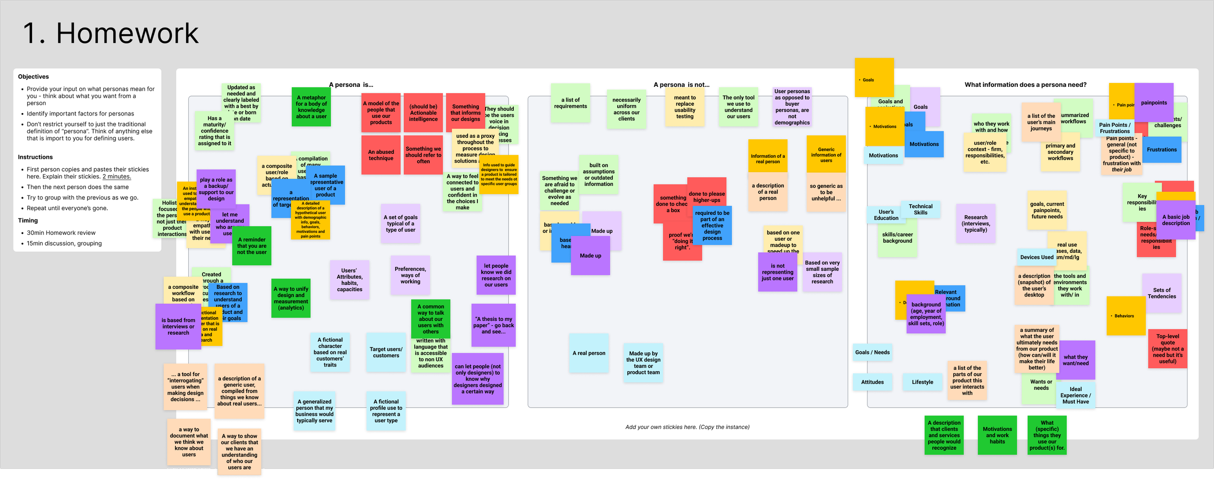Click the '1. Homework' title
[x=111, y=33]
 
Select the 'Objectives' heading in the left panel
[x=34, y=77]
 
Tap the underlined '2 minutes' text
[x=117, y=177]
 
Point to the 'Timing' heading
[x=28, y=220]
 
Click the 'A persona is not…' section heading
[x=681, y=85]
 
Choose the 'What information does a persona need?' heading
[x=1025, y=85]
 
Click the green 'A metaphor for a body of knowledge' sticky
[x=311, y=107]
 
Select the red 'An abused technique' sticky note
[x=381, y=155]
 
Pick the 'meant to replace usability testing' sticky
[x=685, y=107]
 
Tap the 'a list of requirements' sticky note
[x=570, y=103]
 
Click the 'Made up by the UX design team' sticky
[x=643, y=363]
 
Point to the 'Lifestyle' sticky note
[x=922, y=382]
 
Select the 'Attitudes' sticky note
[x=872, y=382]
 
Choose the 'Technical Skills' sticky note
[x=920, y=209]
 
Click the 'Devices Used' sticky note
[x=1036, y=257]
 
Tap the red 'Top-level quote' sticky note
[x=1167, y=348]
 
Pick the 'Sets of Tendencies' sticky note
[x=1162, y=293]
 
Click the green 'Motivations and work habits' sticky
[x=997, y=435]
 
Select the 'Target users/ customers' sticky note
[x=386, y=352]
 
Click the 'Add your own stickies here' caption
[x=687, y=427]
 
